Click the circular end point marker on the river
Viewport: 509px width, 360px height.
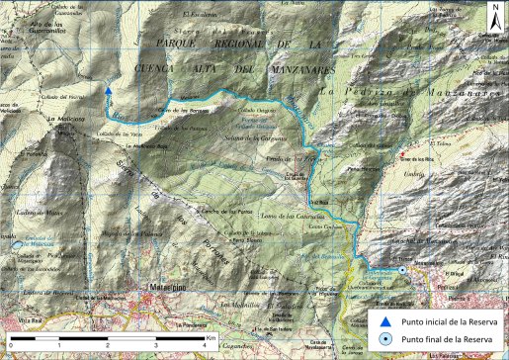point(403,269)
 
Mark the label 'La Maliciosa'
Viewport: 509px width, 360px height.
point(64,117)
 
